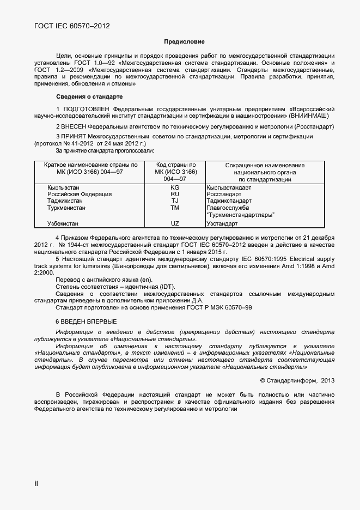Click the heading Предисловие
coord(184,41)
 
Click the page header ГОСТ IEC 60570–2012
coord(68,26)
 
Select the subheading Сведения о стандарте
coord(89,96)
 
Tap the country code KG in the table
coord(175,187)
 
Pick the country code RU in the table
coord(175,194)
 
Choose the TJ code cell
coord(175,201)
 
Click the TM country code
coord(175,208)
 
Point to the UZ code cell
coord(175,223)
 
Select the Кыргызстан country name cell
coord(64,187)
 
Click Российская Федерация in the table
coord(80,194)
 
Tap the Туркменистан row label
coord(66,208)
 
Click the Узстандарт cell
coord(222,223)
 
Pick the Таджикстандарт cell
coord(229,201)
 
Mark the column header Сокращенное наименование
coord(257,165)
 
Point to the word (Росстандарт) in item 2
coord(309,126)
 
